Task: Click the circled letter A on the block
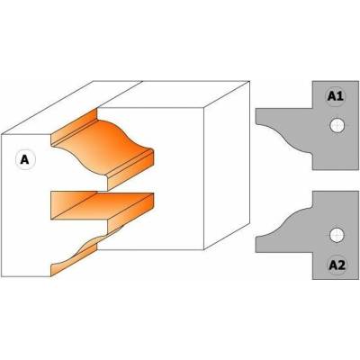coord(25,159)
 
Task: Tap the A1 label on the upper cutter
coord(336,96)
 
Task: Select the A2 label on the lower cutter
coord(337,265)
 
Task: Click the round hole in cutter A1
coord(337,125)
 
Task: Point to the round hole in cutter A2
coord(337,235)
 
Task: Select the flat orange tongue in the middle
coord(102,205)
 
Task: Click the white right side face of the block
coord(227,165)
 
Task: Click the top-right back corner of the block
coord(249,81)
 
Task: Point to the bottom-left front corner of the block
coord(2,276)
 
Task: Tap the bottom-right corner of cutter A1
coord(358,170)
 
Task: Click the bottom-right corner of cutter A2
coord(358,280)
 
